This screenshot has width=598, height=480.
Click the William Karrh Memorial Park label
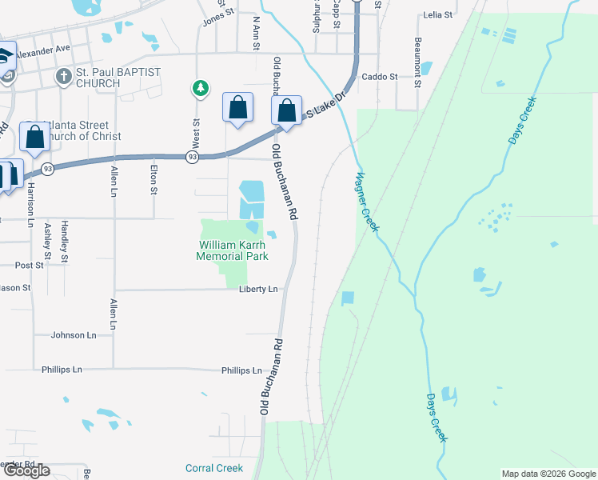coord(232,250)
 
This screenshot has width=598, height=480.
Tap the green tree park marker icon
coord(199,88)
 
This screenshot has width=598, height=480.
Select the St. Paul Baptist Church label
coord(118,78)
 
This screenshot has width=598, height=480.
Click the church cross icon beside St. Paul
coord(63,78)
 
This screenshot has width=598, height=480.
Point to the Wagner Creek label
coord(367,202)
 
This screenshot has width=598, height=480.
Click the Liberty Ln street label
coord(258,289)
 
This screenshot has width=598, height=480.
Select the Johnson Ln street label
coord(74,335)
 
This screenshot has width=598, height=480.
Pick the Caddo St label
coord(380,77)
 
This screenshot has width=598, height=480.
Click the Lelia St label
coord(438,15)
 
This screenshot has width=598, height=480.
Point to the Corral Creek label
coord(213,468)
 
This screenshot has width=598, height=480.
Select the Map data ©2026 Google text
coord(548,474)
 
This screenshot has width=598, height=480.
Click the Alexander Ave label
coord(43,49)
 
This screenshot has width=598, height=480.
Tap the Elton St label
coord(153,179)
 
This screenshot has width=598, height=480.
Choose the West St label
coord(195,133)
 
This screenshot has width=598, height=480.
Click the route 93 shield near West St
coord(192,158)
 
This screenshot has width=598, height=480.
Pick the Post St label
coord(29,265)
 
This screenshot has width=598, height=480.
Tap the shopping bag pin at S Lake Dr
coord(287,112)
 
